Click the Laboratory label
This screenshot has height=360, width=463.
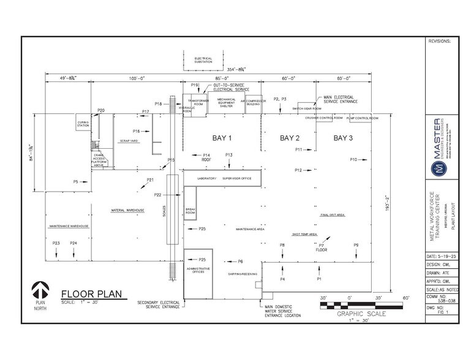[x=206, y=178]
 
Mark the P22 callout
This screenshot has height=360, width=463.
[x=157, y=195]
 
